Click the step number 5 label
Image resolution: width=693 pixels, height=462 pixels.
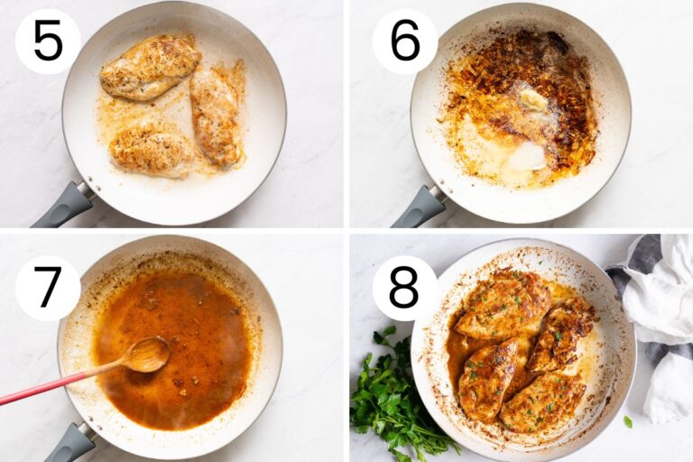[48, 42]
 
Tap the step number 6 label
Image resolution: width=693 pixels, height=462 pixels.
[405, 42]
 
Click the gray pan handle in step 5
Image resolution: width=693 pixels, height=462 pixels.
[63, 205]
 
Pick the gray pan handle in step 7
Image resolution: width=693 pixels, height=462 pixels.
[70, 443]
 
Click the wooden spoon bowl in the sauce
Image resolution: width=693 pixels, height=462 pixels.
[147, 354]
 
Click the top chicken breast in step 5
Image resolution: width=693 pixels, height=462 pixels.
[150, 66]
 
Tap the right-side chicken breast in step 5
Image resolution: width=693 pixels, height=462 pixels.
[217, 113]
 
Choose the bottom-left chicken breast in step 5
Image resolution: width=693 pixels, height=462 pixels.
[152, 151]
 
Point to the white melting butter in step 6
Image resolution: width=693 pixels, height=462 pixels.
[527, 157]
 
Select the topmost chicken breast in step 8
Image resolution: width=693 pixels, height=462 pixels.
[503, 304]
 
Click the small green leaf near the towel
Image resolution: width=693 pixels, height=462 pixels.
[628, 421]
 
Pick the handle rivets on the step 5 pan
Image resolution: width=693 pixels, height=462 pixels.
[88, 183]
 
